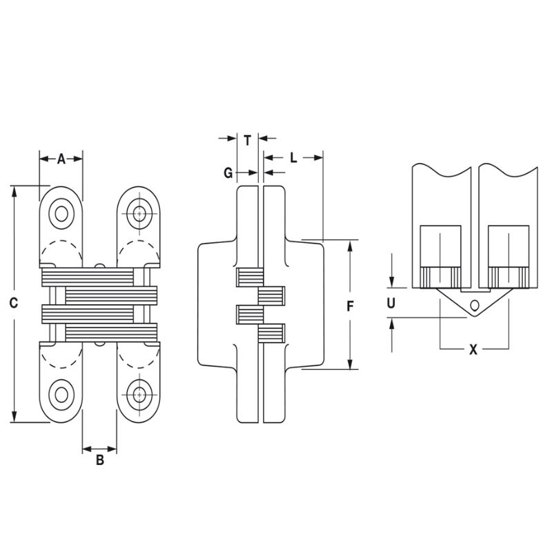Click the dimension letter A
click(61, 159)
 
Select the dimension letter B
click(99, 460)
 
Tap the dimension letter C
click(14, 303)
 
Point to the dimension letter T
click(247, 139)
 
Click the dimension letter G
click(228, 172)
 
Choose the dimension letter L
click(293, 158)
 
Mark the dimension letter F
click(351, 306)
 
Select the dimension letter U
click(391, 302)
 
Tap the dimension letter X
click(473, 350)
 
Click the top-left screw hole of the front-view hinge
click(61, 213)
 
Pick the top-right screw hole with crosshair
click(140, 213)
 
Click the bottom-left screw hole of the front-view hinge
click(61, 395)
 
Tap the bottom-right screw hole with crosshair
click(140, 395)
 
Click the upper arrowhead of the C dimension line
click(14, 191)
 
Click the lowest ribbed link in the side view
click(270, 335)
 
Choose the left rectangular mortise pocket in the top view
click(440, 246)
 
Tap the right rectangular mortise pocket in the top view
click(508, 246)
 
